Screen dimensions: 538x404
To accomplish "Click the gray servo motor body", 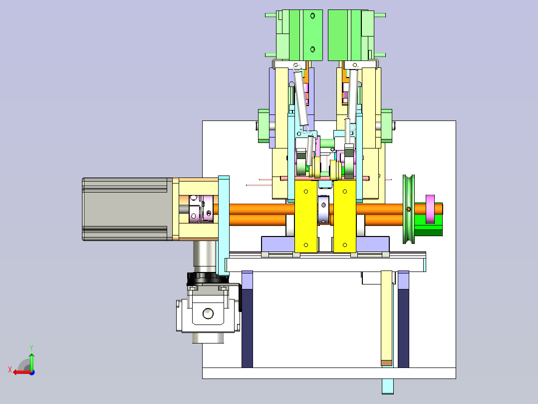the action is [x=127, y=209].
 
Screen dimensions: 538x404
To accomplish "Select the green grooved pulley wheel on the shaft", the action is [x=409, y=209].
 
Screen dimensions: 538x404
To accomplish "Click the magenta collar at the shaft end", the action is [x=430, y=209].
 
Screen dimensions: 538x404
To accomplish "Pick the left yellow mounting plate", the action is [x=306, y=217].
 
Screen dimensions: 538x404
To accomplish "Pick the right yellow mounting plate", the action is [x=345, y=217].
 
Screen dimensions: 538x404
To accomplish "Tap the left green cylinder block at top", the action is [x=299, y=35].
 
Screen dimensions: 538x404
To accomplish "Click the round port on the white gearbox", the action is [x=208, y=313].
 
